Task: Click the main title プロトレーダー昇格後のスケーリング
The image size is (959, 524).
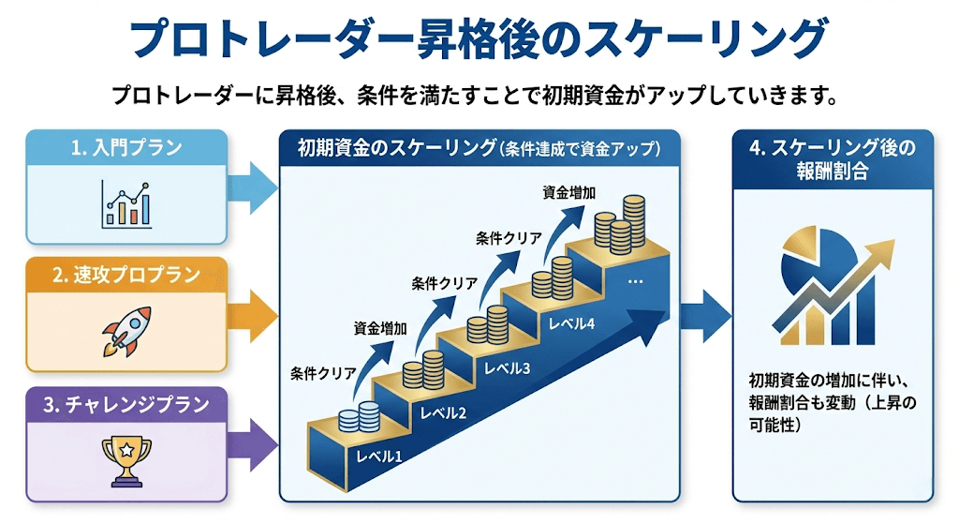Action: pos(478,39)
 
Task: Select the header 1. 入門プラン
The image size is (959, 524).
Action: pos(125,147)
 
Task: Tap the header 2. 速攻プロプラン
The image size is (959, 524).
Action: pos(125,275)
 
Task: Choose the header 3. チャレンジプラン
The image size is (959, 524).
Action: pos(125,405)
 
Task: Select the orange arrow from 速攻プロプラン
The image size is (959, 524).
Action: pos(253,310)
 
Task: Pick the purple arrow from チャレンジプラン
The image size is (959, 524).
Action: pos(253,438)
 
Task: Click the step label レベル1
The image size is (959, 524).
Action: pos(378,457)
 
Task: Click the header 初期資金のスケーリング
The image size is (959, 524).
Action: pos(479,148)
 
